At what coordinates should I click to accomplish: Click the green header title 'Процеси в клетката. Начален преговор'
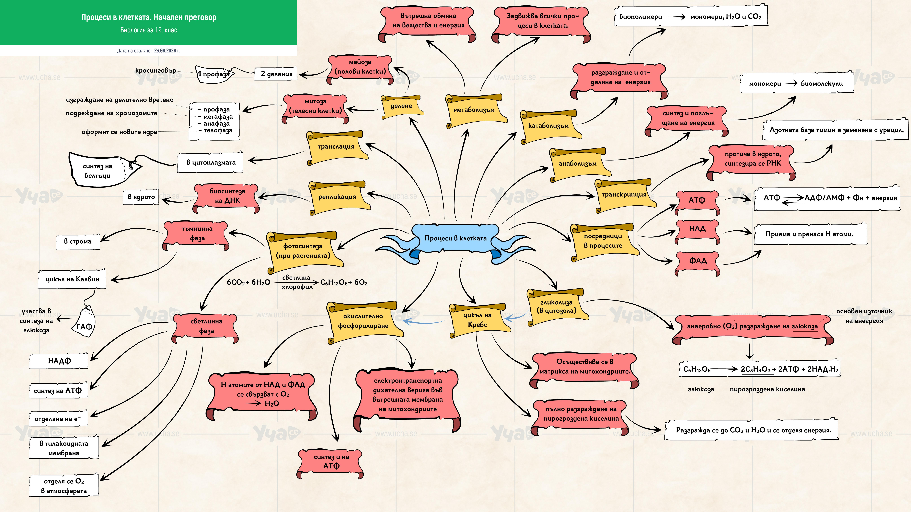pyautogui.click(x=149, y=17)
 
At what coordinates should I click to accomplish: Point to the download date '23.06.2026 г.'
pyautogui.click(x=167, y=51)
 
